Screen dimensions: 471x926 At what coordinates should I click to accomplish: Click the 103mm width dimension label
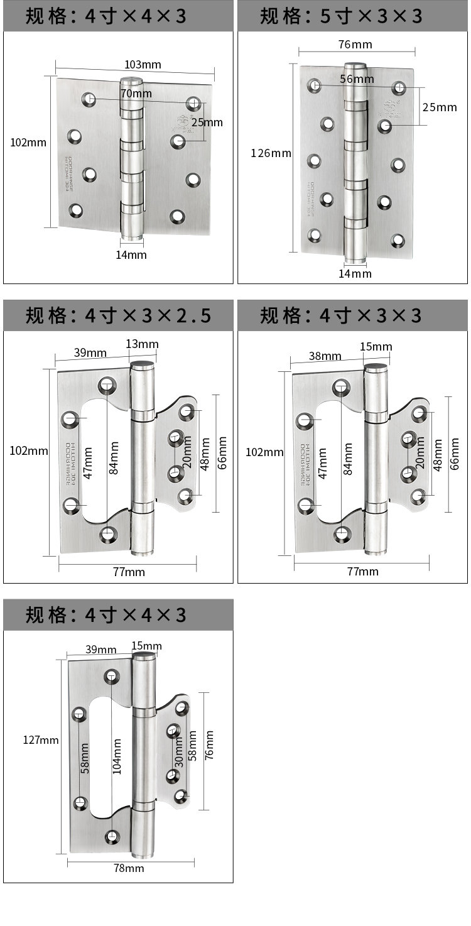[x=143, y=65]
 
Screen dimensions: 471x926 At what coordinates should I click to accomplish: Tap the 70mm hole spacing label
[x=136, y=94]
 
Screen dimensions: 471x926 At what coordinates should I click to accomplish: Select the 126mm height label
[x=271, y=153]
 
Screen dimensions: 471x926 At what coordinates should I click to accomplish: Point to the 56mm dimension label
[x=357, y=79]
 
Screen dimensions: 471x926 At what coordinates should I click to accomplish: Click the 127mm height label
[x=41, y=740]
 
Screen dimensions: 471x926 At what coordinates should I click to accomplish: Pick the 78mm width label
[x=128, y=868]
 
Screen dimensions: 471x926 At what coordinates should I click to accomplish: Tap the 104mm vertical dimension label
[x=117, y=756]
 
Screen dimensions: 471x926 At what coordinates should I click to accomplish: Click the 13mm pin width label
[x=143, y=344]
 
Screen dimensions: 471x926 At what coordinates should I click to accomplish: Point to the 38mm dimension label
[x=325, y=356]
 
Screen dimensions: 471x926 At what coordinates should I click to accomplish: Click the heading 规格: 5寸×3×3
[x=342, y=16]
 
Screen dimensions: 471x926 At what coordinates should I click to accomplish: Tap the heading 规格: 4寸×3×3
[x=342, y=315]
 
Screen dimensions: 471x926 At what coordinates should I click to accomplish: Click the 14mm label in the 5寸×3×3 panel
[x=355, y=273]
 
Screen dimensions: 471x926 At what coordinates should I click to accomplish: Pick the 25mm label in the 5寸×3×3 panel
[x=440, y=107]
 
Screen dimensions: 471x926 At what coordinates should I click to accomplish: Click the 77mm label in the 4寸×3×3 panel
[x=363, y=571]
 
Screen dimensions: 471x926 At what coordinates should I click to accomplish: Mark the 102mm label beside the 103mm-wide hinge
[x=28, y=143]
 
